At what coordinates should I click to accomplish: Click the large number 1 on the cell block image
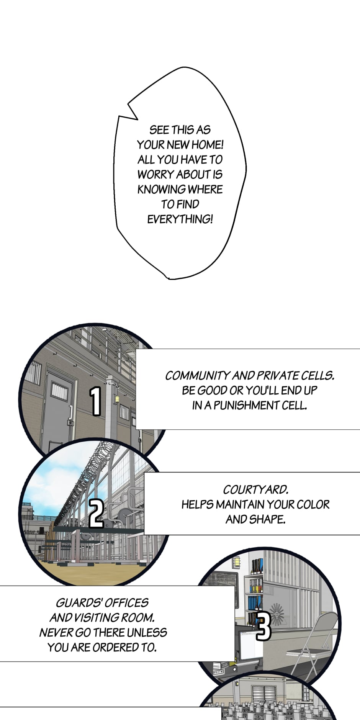point(96,401)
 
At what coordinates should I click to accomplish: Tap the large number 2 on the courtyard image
point(97,513)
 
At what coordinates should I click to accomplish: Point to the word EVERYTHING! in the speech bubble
point(180,219)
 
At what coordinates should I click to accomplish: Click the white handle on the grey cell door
point(71,412)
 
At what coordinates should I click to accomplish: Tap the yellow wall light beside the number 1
point(117,399)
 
